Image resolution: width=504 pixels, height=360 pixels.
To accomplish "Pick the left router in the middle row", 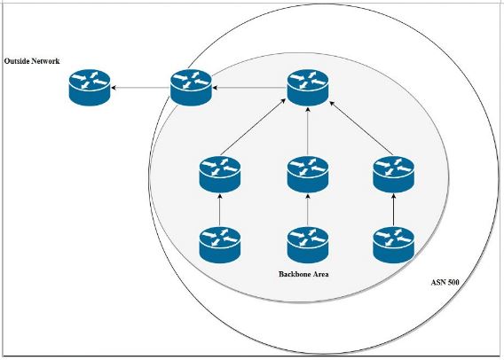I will click(x=219, y=174).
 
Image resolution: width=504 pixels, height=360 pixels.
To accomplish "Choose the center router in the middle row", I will click(x=308, y=174).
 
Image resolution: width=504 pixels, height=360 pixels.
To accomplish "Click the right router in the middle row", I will click(x=393, y=174).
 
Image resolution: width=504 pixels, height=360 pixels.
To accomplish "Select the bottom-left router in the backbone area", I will click(x=219, y=244).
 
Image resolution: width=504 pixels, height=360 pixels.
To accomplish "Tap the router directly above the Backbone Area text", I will click(x=308, y=244).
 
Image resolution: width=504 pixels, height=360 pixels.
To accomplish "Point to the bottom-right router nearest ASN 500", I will click(x=393, y=244).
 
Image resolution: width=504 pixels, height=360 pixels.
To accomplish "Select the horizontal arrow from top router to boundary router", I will click(x=249, y=88).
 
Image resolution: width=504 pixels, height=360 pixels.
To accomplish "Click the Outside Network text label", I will click(x=33, y=61).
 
